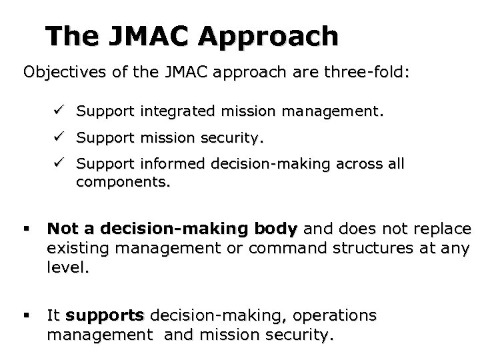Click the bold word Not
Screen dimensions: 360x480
click(61, 229)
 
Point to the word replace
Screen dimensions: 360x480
click(442, 229)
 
